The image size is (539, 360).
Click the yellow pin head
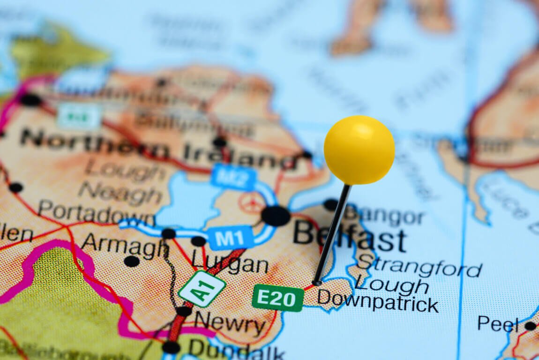pos(359,150)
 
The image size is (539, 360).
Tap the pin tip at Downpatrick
pos(317,283)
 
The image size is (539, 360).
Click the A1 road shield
pos(202,289)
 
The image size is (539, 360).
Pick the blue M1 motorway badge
pos(230,238)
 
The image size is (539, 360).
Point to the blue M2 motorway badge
pos(233,177)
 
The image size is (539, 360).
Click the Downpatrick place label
pos(378,301)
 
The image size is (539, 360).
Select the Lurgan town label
pos(230,264)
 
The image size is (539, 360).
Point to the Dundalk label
pos(236,350)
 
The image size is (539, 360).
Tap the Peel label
pos(498,323)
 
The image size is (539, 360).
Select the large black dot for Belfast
pos(276,216)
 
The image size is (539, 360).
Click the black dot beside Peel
pos(530,326)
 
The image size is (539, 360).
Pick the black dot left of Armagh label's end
pos(132,261)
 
